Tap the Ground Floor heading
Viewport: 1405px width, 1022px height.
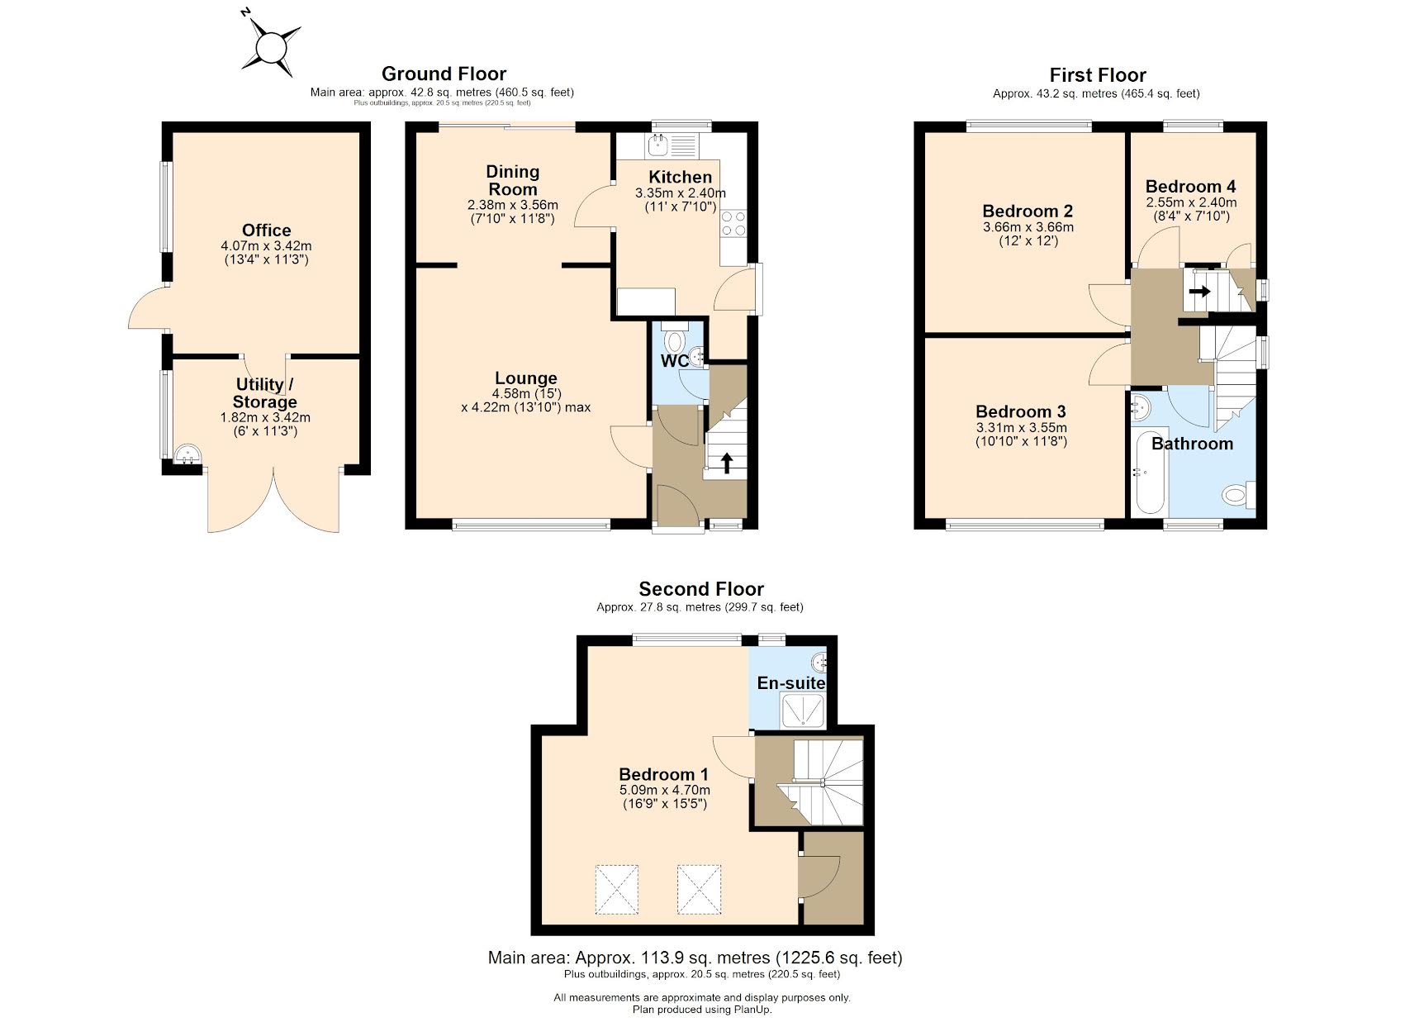(444, 74)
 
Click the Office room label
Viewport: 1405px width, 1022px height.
(266, 231)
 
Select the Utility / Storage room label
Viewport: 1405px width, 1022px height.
(264, 393)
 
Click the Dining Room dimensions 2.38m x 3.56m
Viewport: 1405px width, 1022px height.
(512, 205)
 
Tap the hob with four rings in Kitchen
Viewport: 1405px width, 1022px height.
(733, 223)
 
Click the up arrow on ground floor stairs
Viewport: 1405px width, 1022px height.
(727, 463)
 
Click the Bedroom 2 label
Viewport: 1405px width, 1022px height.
(1028, 212)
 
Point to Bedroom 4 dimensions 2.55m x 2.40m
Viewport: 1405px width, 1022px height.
(1191, 202)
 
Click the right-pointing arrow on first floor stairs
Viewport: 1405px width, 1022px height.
(1200, 292)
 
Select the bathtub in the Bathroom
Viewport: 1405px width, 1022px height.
(1149, 474)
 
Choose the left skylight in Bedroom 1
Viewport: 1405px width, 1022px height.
(616, 889)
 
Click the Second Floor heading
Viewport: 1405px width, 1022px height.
(700, 589)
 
